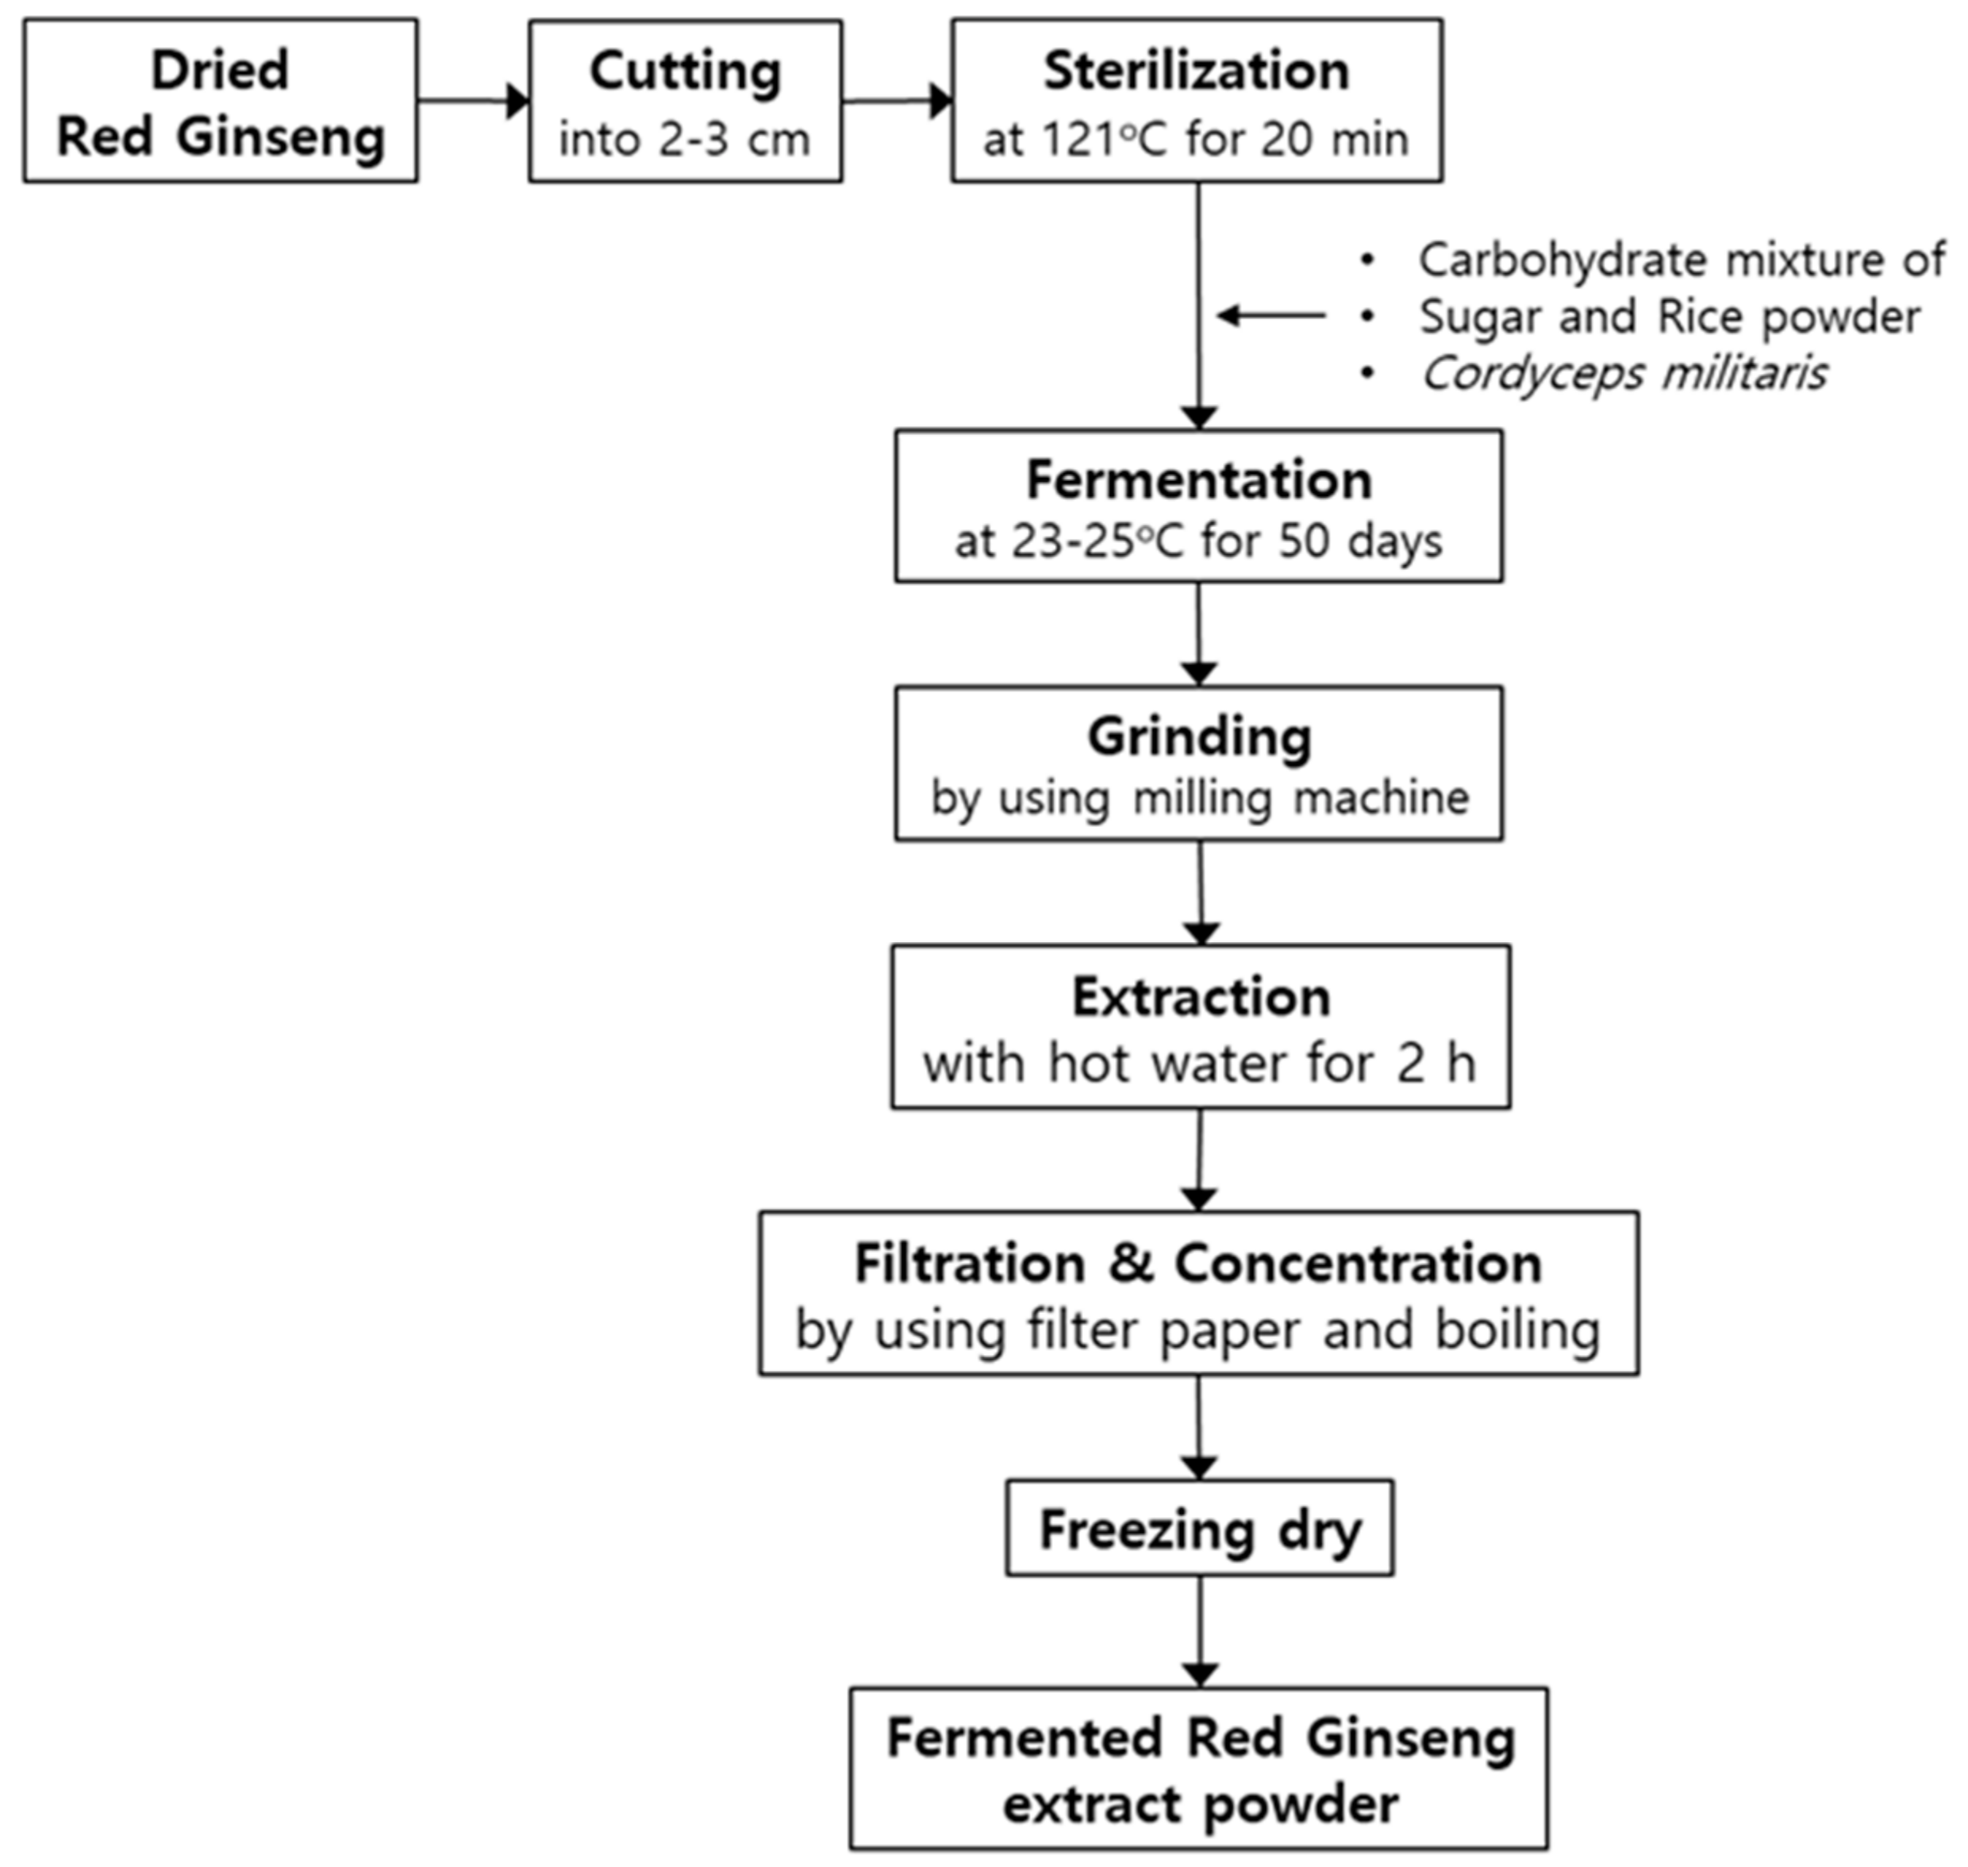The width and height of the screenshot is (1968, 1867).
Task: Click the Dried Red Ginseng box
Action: tap(220, 101)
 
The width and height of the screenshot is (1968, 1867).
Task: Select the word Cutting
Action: tap(685, 71)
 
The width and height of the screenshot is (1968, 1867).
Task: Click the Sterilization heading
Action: tap(1196, 71)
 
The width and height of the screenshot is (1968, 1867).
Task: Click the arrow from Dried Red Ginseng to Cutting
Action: tap(473, 101)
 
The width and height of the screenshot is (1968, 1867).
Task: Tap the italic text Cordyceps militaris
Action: tap(1623, 374)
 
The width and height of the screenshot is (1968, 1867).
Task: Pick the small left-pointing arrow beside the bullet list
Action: tap(1270, 317)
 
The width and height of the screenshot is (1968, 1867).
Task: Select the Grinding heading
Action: tap(1198, 737)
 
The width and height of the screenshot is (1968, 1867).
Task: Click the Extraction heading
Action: tap(1200, 997)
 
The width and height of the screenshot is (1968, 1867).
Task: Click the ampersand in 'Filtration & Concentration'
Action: tap(1130, 1264)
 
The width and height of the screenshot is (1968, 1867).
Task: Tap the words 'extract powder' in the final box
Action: tap(1200, 1804)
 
